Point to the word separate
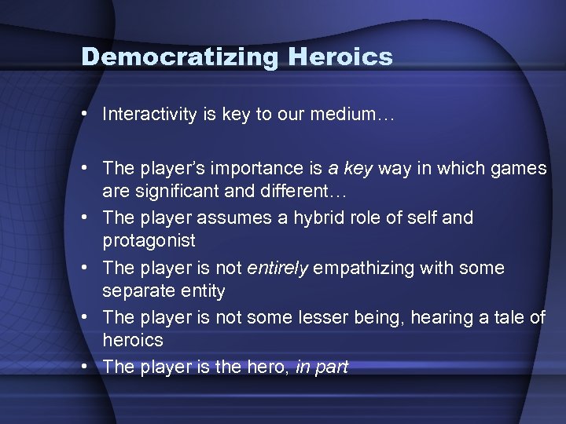click(x=134, y=291)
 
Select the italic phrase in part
click(x=322, y=366)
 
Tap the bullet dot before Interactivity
click(x=83, y=115)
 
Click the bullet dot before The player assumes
click(x=83, y=217)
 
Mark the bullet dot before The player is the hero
click(x=83, y=366)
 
